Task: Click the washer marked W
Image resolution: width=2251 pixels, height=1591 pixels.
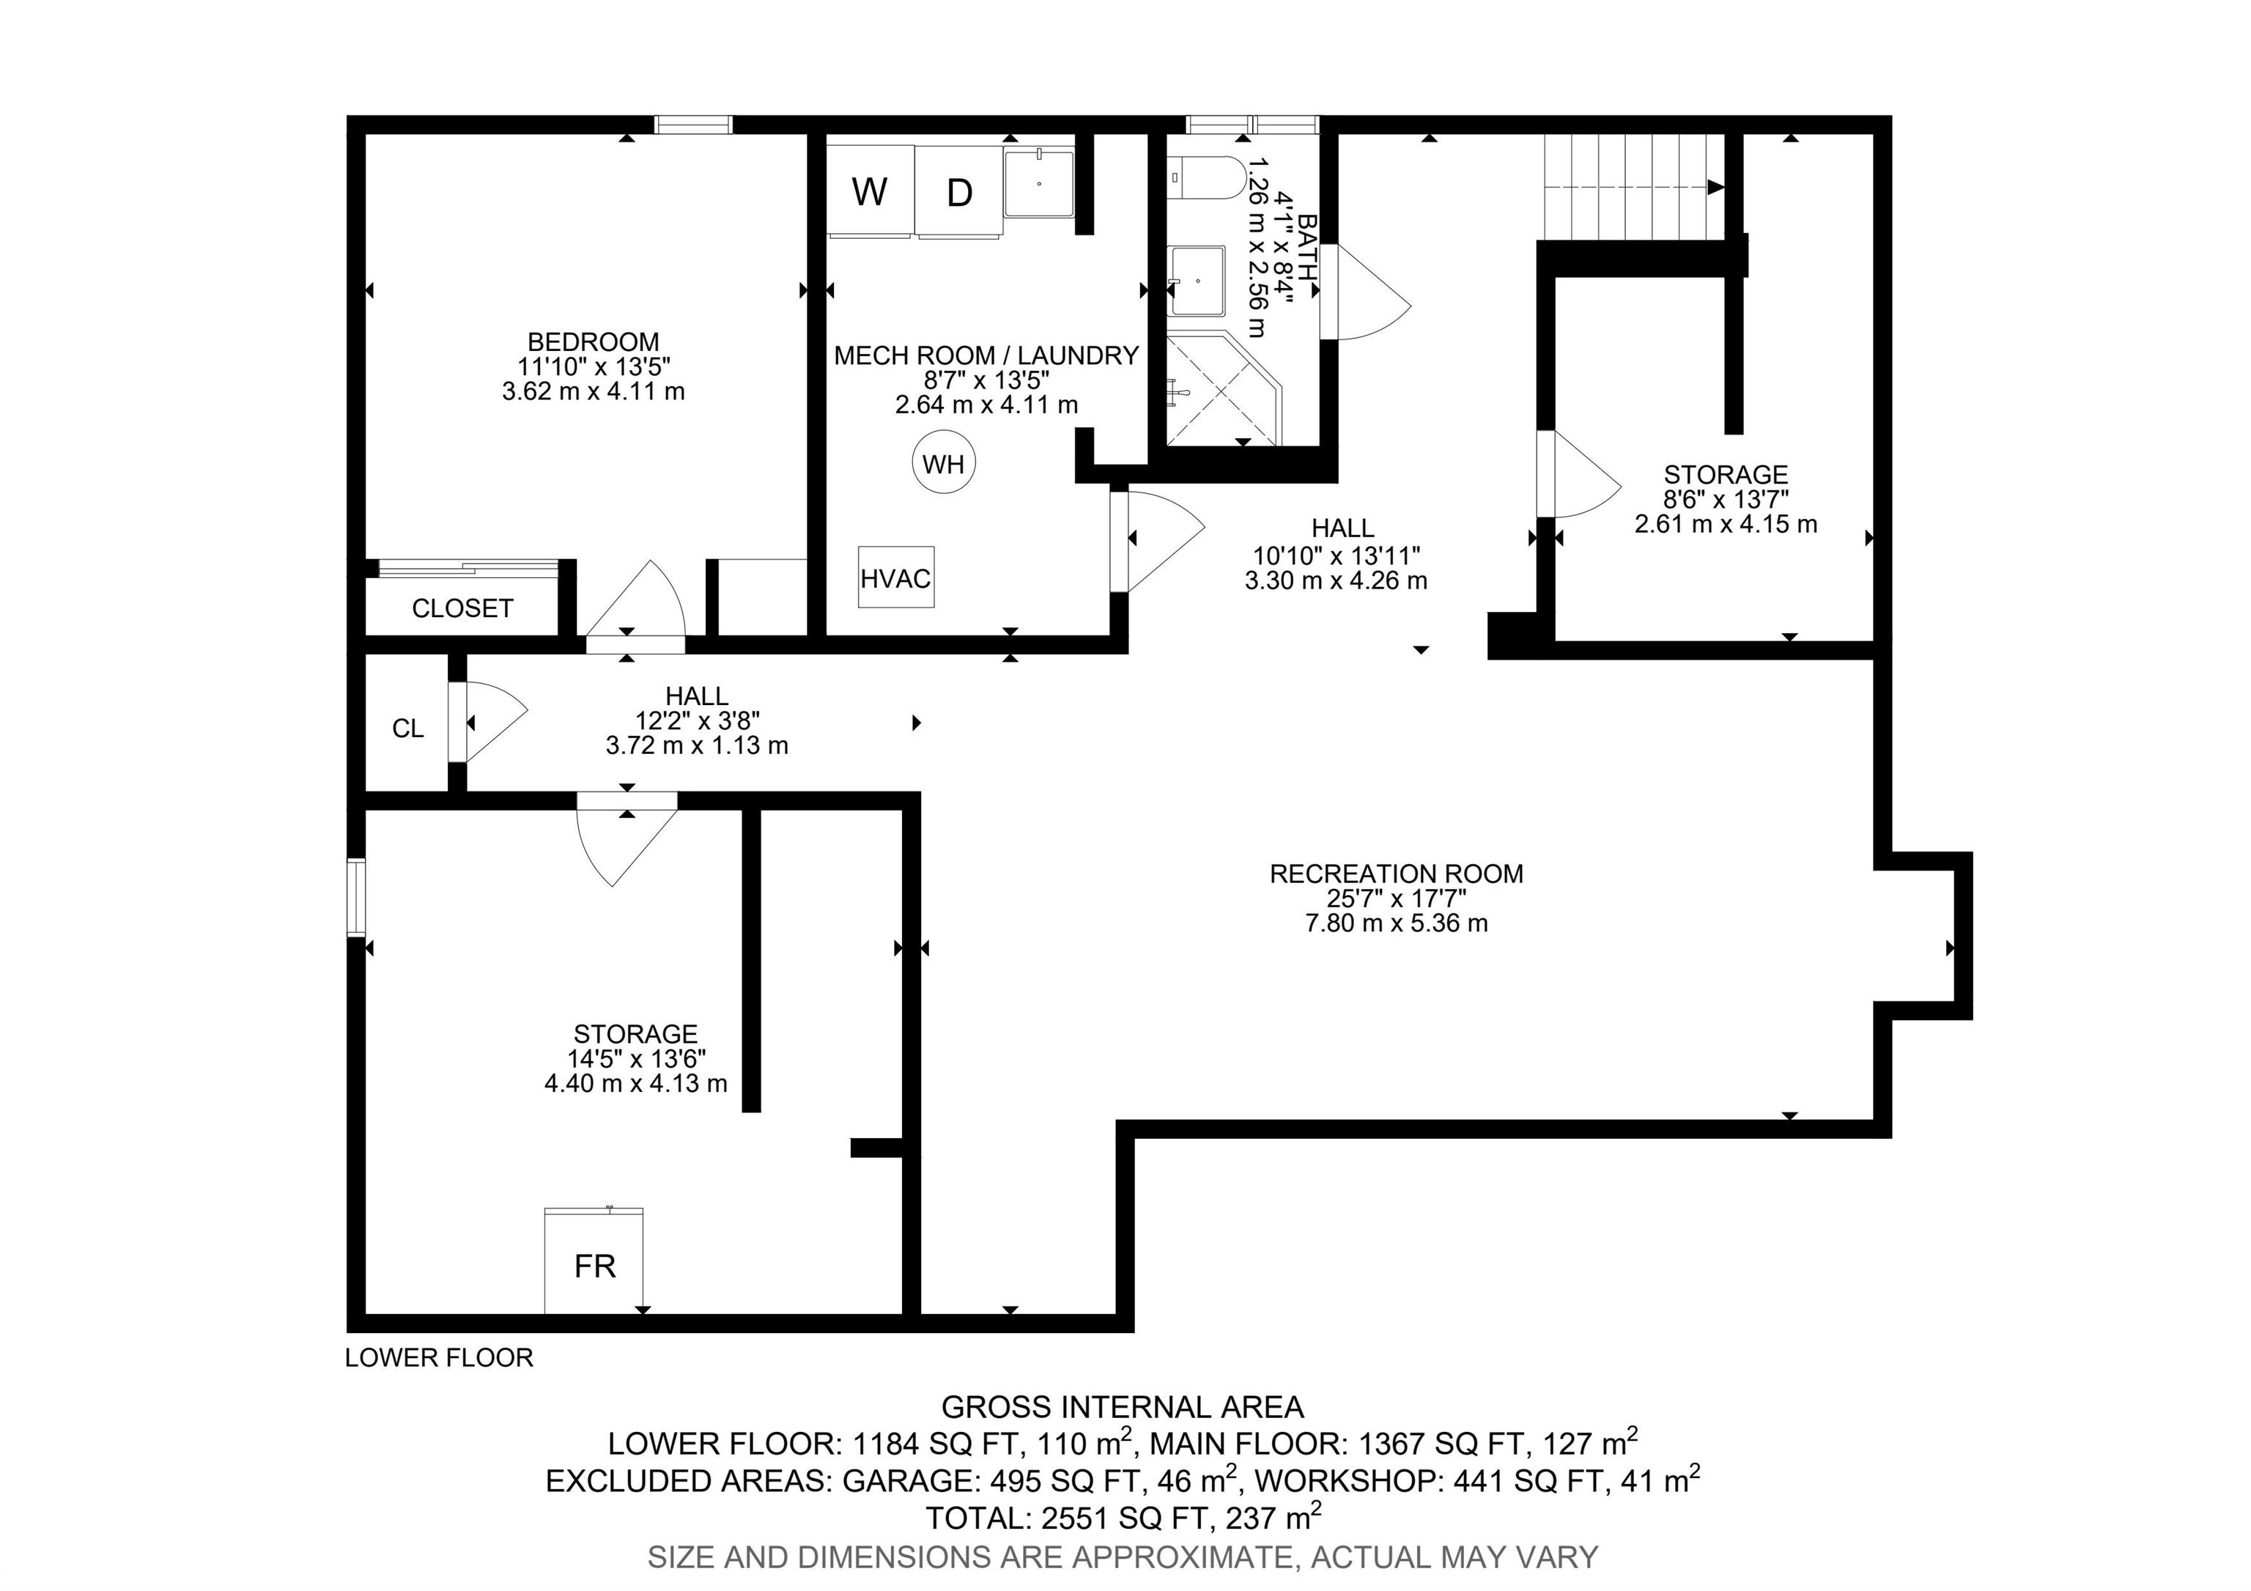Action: [871, 191]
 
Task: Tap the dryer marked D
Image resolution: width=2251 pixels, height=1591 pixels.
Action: [959, 191]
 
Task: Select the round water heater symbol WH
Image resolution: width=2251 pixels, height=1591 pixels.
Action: [944, 462]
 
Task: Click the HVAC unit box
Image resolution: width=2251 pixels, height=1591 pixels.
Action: [896, 577]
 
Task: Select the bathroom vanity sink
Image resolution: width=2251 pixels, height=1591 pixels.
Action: [1197, 281]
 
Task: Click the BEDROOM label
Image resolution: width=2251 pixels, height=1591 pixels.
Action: [593, 342]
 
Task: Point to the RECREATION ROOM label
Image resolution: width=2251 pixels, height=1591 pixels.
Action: [1396, 874]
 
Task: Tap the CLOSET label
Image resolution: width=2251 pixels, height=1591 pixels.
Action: [462, 609]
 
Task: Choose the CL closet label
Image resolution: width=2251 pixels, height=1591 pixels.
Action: [408, 728]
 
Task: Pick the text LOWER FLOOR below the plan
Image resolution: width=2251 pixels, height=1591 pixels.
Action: [439, 1358]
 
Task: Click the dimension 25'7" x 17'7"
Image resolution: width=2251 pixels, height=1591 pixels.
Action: [1396, 898]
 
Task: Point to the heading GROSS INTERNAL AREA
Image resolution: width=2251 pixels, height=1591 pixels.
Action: [1123, 1407]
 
